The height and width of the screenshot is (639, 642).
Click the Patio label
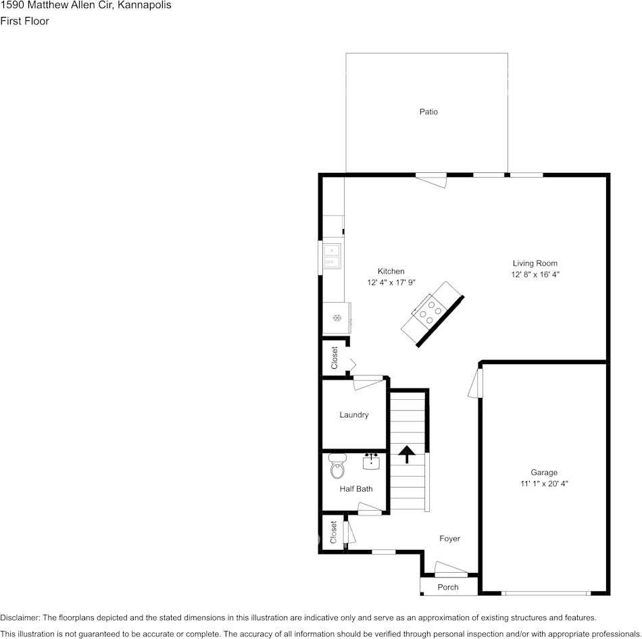click(428, 111)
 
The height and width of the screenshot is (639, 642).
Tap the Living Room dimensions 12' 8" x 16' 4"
click(535, 275)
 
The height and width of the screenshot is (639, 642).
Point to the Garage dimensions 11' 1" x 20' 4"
click(544, 484)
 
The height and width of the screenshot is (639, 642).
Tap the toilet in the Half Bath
click(337, 465)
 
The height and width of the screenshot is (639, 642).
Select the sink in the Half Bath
click(371, 462)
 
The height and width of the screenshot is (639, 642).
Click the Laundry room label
click(353, 415)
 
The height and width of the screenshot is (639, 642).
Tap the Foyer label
click(449, 538)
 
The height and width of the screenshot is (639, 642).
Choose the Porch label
click(448, 587)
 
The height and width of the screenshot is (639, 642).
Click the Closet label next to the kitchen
click(334, 358)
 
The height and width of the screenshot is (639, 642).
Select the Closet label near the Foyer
click(333, 532)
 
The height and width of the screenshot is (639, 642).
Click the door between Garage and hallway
click(477, 382)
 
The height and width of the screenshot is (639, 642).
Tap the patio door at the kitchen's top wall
click(431, 180)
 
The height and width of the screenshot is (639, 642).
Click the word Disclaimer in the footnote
click(20, 617)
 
